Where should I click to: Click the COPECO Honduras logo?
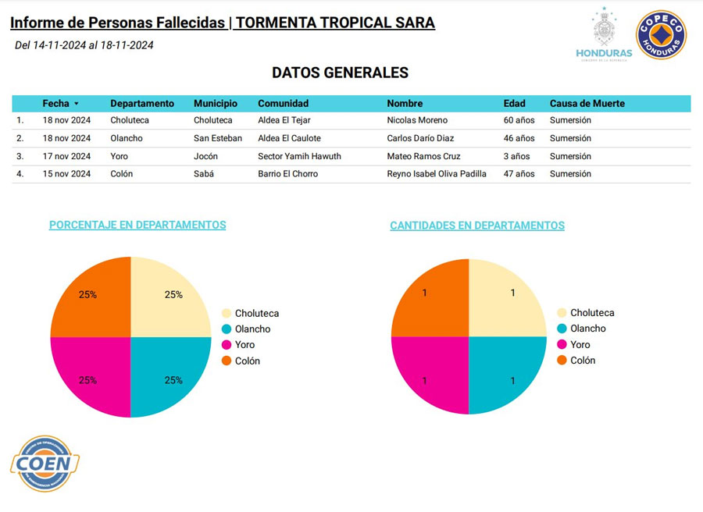[661, 35]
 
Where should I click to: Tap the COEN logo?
[45, 464]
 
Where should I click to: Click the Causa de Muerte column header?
[587, 103]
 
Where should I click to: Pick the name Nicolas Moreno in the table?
[417, 120]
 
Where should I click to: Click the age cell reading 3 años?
[516, 156]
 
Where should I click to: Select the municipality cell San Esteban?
[218, 138]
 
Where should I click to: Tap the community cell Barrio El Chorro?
[287, 174]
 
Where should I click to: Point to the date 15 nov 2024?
[66, 174]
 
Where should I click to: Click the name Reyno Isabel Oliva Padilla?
[437, 174]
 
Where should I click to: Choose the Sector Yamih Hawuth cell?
[299, 156]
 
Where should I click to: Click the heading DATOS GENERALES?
[340, 73]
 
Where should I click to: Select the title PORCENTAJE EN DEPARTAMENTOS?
[137, 225]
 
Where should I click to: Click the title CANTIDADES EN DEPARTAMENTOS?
[476, 226]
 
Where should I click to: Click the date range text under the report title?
[84, 45]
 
